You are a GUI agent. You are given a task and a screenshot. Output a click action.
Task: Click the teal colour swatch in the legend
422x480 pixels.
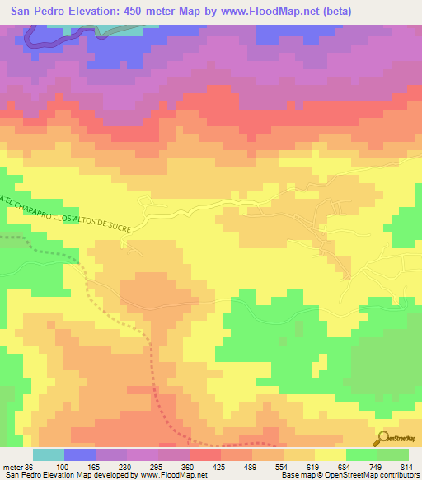coord(49,455)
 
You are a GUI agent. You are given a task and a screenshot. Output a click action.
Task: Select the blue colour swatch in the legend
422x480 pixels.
coord(80,455)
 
